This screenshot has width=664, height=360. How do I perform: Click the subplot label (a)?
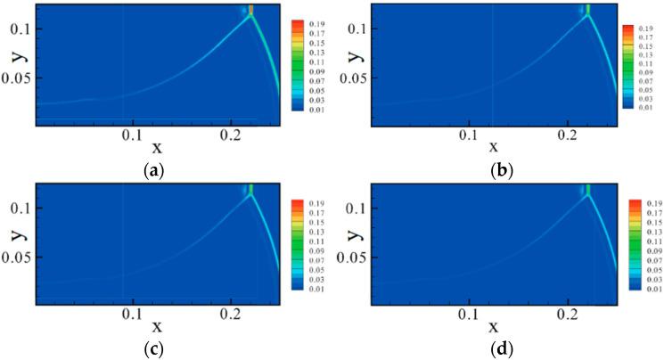pos(149,166)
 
